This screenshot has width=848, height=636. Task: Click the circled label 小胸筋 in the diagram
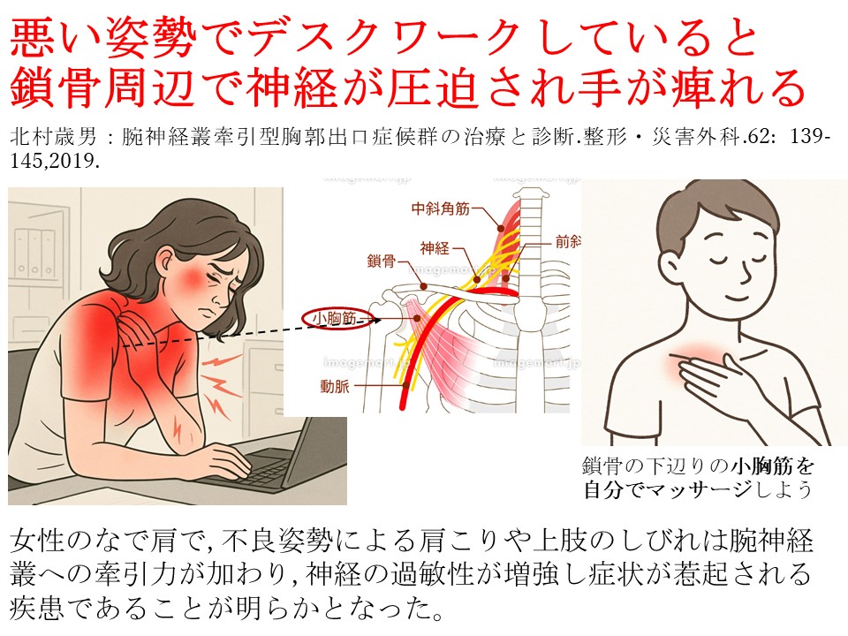[334, 319]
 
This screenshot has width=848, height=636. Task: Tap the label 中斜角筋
[440, 208]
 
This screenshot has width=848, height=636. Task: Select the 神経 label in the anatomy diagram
[435, 248]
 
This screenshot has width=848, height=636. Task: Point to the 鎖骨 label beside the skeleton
[382, 261]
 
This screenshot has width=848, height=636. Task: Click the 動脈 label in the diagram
[335, 386]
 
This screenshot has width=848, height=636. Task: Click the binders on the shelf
[34, 253]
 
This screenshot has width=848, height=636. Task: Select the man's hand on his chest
[715, 379]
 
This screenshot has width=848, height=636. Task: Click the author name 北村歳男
[53, 137]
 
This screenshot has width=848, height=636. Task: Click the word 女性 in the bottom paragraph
[37, 541]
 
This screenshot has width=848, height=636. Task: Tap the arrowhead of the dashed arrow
[376, 320]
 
